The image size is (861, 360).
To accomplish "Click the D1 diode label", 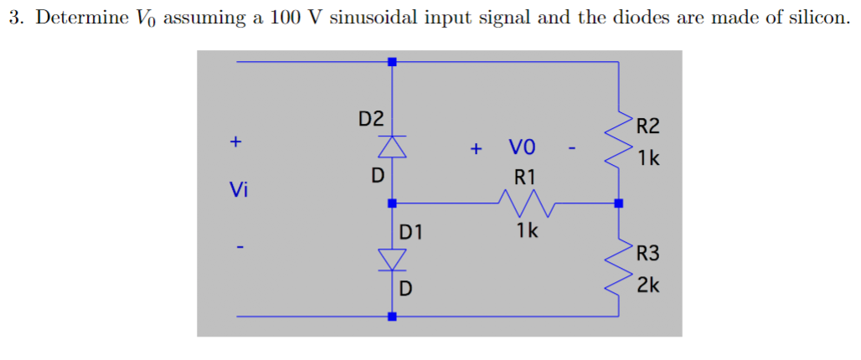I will pyautogui.click(x=410, y=231).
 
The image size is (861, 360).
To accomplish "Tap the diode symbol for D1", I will pyautogui.click(x=392, y=260).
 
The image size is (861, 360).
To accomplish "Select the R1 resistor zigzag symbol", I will pyautogui.click(x=524, y=202).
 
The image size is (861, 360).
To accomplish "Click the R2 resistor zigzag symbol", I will pyautogui.click(x=620, y=138).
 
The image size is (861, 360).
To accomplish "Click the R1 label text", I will pyautogui.click(x=524, y=177).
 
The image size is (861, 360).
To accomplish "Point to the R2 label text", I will pyautogui.click(x=647, y=127).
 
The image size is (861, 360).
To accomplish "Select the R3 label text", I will pyautogui.click(x=647, y=252).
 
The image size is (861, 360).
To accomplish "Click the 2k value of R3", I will pyautogui.click(x=647, y=285).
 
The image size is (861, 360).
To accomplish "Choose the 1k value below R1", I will pyautogui.click(x=527, y=230).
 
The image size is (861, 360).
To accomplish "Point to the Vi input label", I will pyautogui.click(x=239, y=190).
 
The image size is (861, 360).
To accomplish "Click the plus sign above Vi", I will pyautogui.click(x=237, y=141).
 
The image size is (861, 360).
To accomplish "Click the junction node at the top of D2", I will pyautogui.click(x=392, y=62).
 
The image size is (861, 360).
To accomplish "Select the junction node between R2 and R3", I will pyautogui.click(x=620, y=203).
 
